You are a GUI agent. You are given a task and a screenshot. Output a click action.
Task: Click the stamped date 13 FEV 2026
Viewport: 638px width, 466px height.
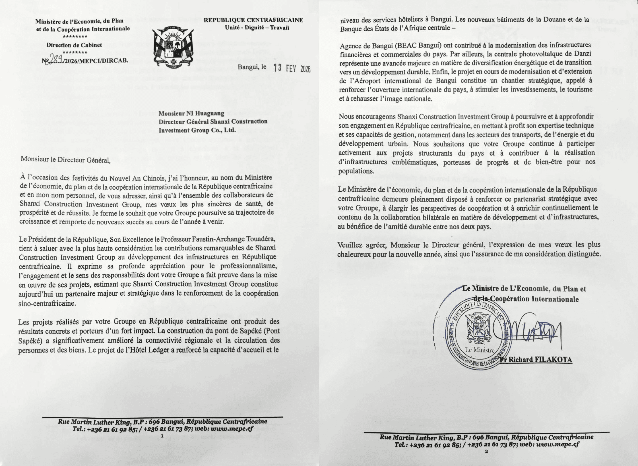click(x=292, y=68)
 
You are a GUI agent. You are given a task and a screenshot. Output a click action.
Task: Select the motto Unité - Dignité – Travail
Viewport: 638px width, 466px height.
click(x=257, y=28)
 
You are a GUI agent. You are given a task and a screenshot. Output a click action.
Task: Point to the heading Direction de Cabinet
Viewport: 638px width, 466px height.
click(x=74, y=45)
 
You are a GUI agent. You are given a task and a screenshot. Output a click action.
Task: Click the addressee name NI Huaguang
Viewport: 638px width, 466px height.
click(x=205, y=113)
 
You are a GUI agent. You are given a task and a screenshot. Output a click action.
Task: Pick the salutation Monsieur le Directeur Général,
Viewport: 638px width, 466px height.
click(x=65, y=160)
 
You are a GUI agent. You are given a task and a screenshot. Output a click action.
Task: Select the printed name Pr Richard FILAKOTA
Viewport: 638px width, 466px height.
click(x=536, y=360)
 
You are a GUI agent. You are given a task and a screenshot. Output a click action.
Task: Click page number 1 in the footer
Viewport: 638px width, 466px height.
click(x=162, y=436)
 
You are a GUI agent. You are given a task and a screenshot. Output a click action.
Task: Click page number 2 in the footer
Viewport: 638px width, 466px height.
click(x=486, y=451)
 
